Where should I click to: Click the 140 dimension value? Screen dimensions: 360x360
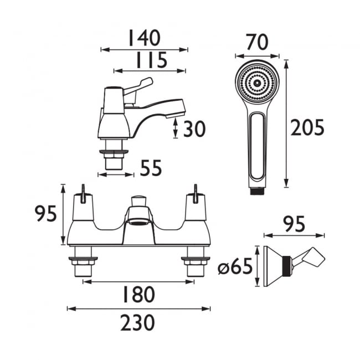(145, 38)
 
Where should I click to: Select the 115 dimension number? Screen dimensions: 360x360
(152, 60)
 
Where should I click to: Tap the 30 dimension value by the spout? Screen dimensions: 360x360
(194, 129)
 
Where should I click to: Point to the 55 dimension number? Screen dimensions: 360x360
(151, 168)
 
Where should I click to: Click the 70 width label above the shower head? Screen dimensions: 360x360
(257, 42)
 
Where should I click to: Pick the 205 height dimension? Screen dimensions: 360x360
(307, 127)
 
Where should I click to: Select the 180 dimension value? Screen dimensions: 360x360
(138, 295)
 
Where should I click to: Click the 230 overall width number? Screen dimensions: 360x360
(137, 322)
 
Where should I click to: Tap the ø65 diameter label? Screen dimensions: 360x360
(235, 267)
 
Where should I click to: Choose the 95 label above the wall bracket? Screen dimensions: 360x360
(294, 224)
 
